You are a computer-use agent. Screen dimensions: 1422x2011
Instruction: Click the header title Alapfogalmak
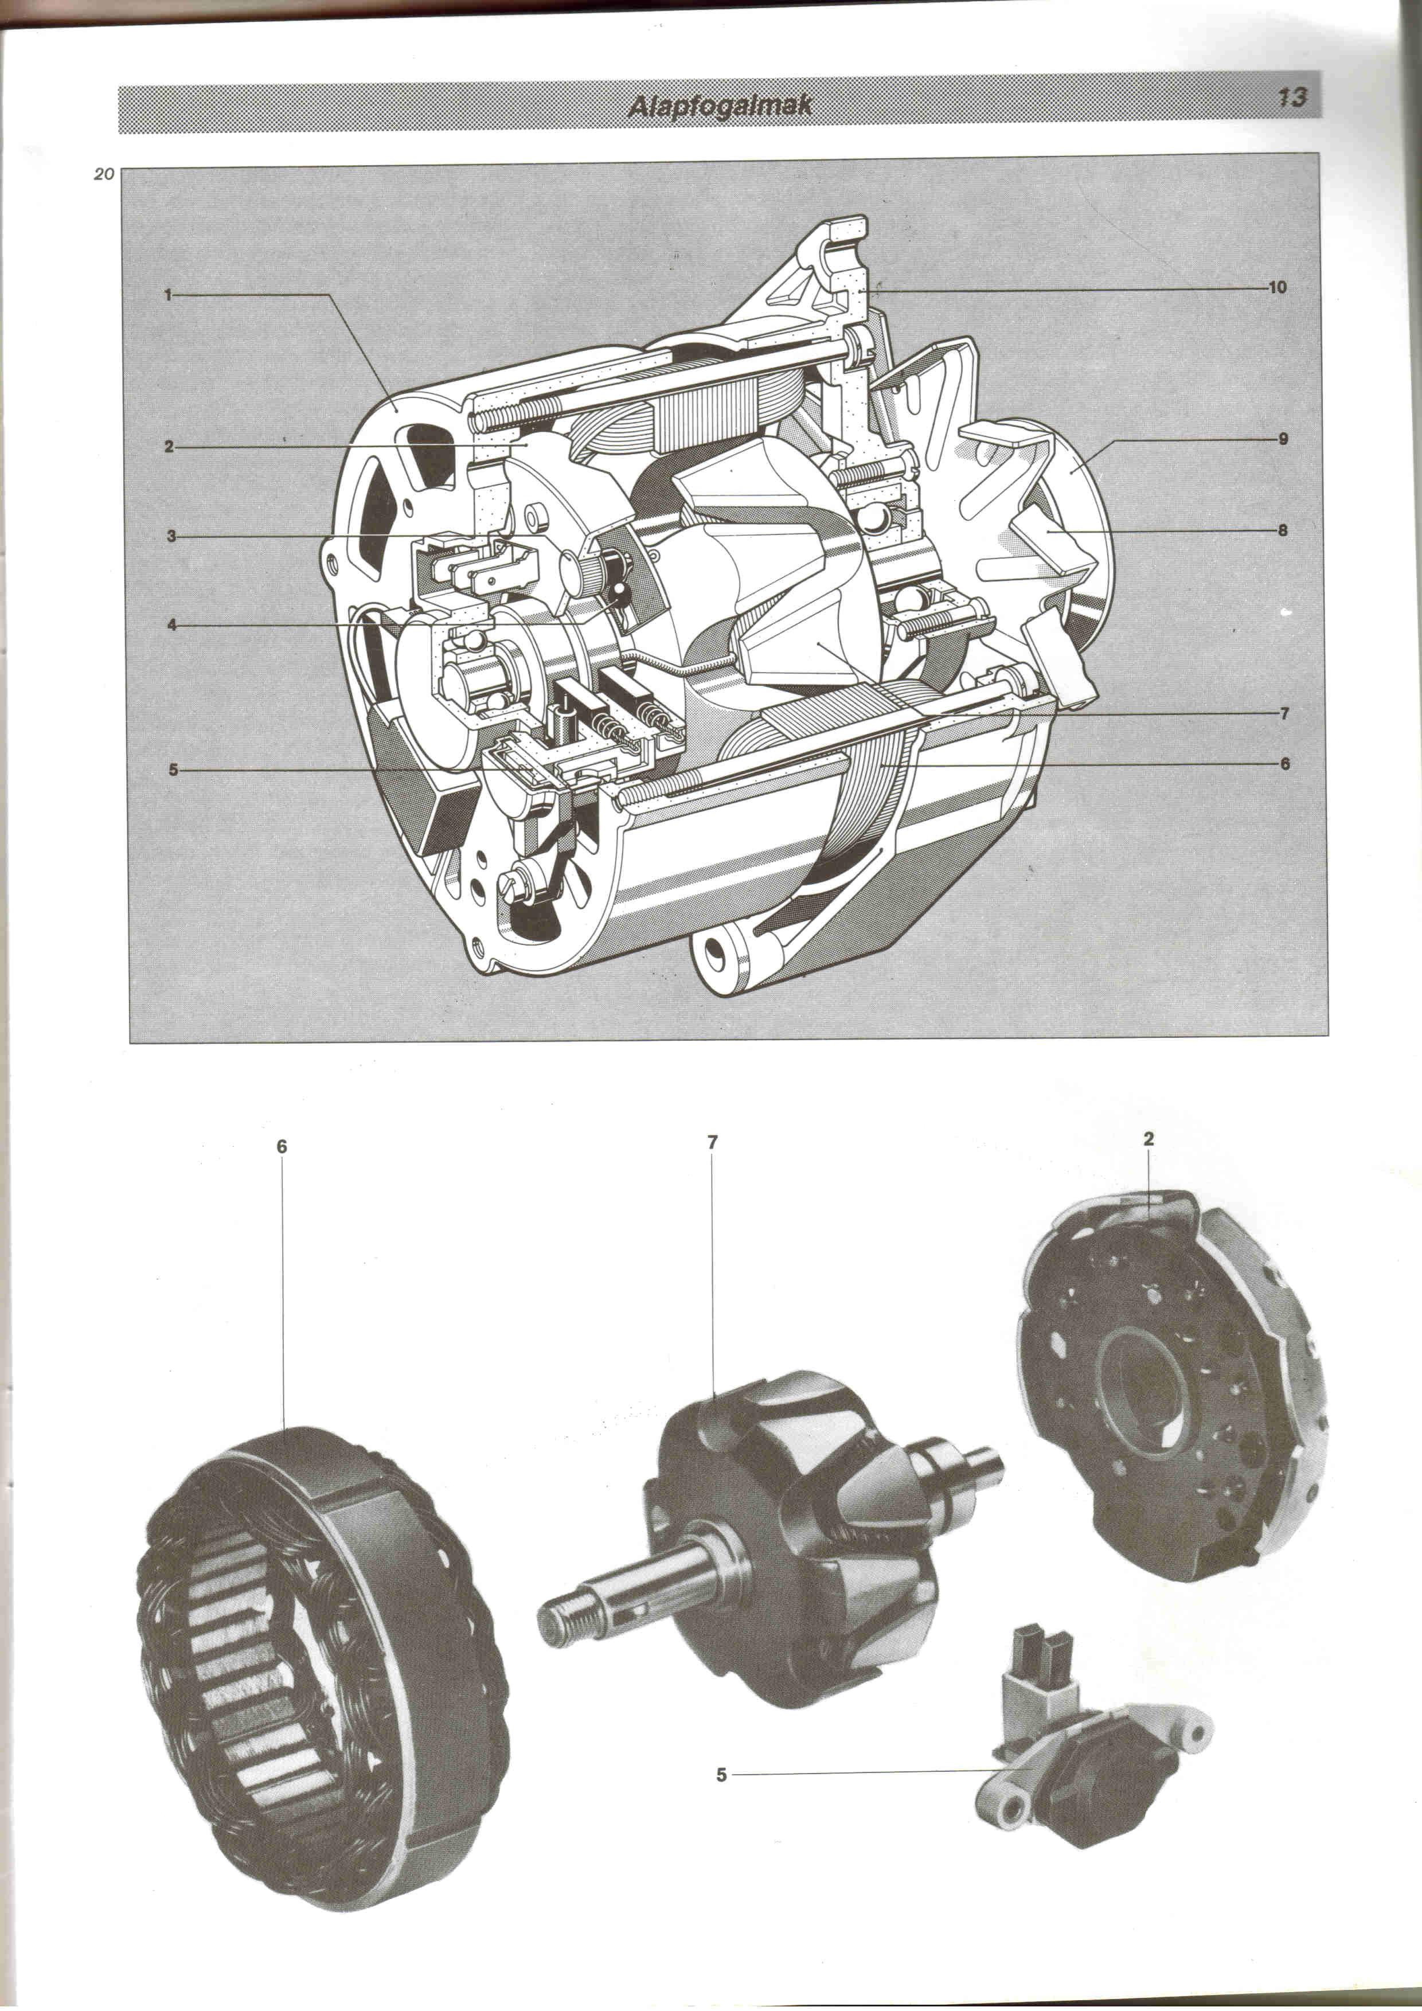pos(720,106)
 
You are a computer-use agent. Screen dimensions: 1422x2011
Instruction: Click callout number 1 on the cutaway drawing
pos(167,295)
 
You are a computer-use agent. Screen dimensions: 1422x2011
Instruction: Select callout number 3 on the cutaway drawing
pos(171,536)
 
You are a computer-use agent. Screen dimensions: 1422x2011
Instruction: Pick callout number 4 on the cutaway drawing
pos(171,626)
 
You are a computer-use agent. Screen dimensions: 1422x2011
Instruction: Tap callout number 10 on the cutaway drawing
pos(1278,287)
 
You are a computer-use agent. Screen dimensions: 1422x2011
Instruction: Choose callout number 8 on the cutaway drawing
pos(1283,530)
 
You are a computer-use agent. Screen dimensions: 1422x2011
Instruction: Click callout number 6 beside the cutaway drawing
pos(1284,764)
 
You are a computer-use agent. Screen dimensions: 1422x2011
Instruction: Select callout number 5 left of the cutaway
pos(173,770)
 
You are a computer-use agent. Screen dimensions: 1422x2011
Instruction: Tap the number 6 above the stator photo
pos(282,1146)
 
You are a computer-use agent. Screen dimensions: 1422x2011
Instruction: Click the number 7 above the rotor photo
pos(713,1142)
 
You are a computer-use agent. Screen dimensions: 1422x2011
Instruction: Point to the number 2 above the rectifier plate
pos(1149,1139)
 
